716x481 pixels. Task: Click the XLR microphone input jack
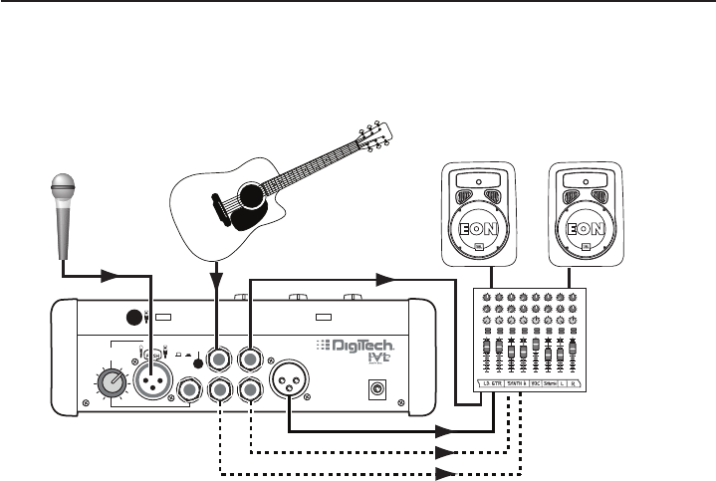click(151, 379)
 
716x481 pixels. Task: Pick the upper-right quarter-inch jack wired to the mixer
click(249, 356)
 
